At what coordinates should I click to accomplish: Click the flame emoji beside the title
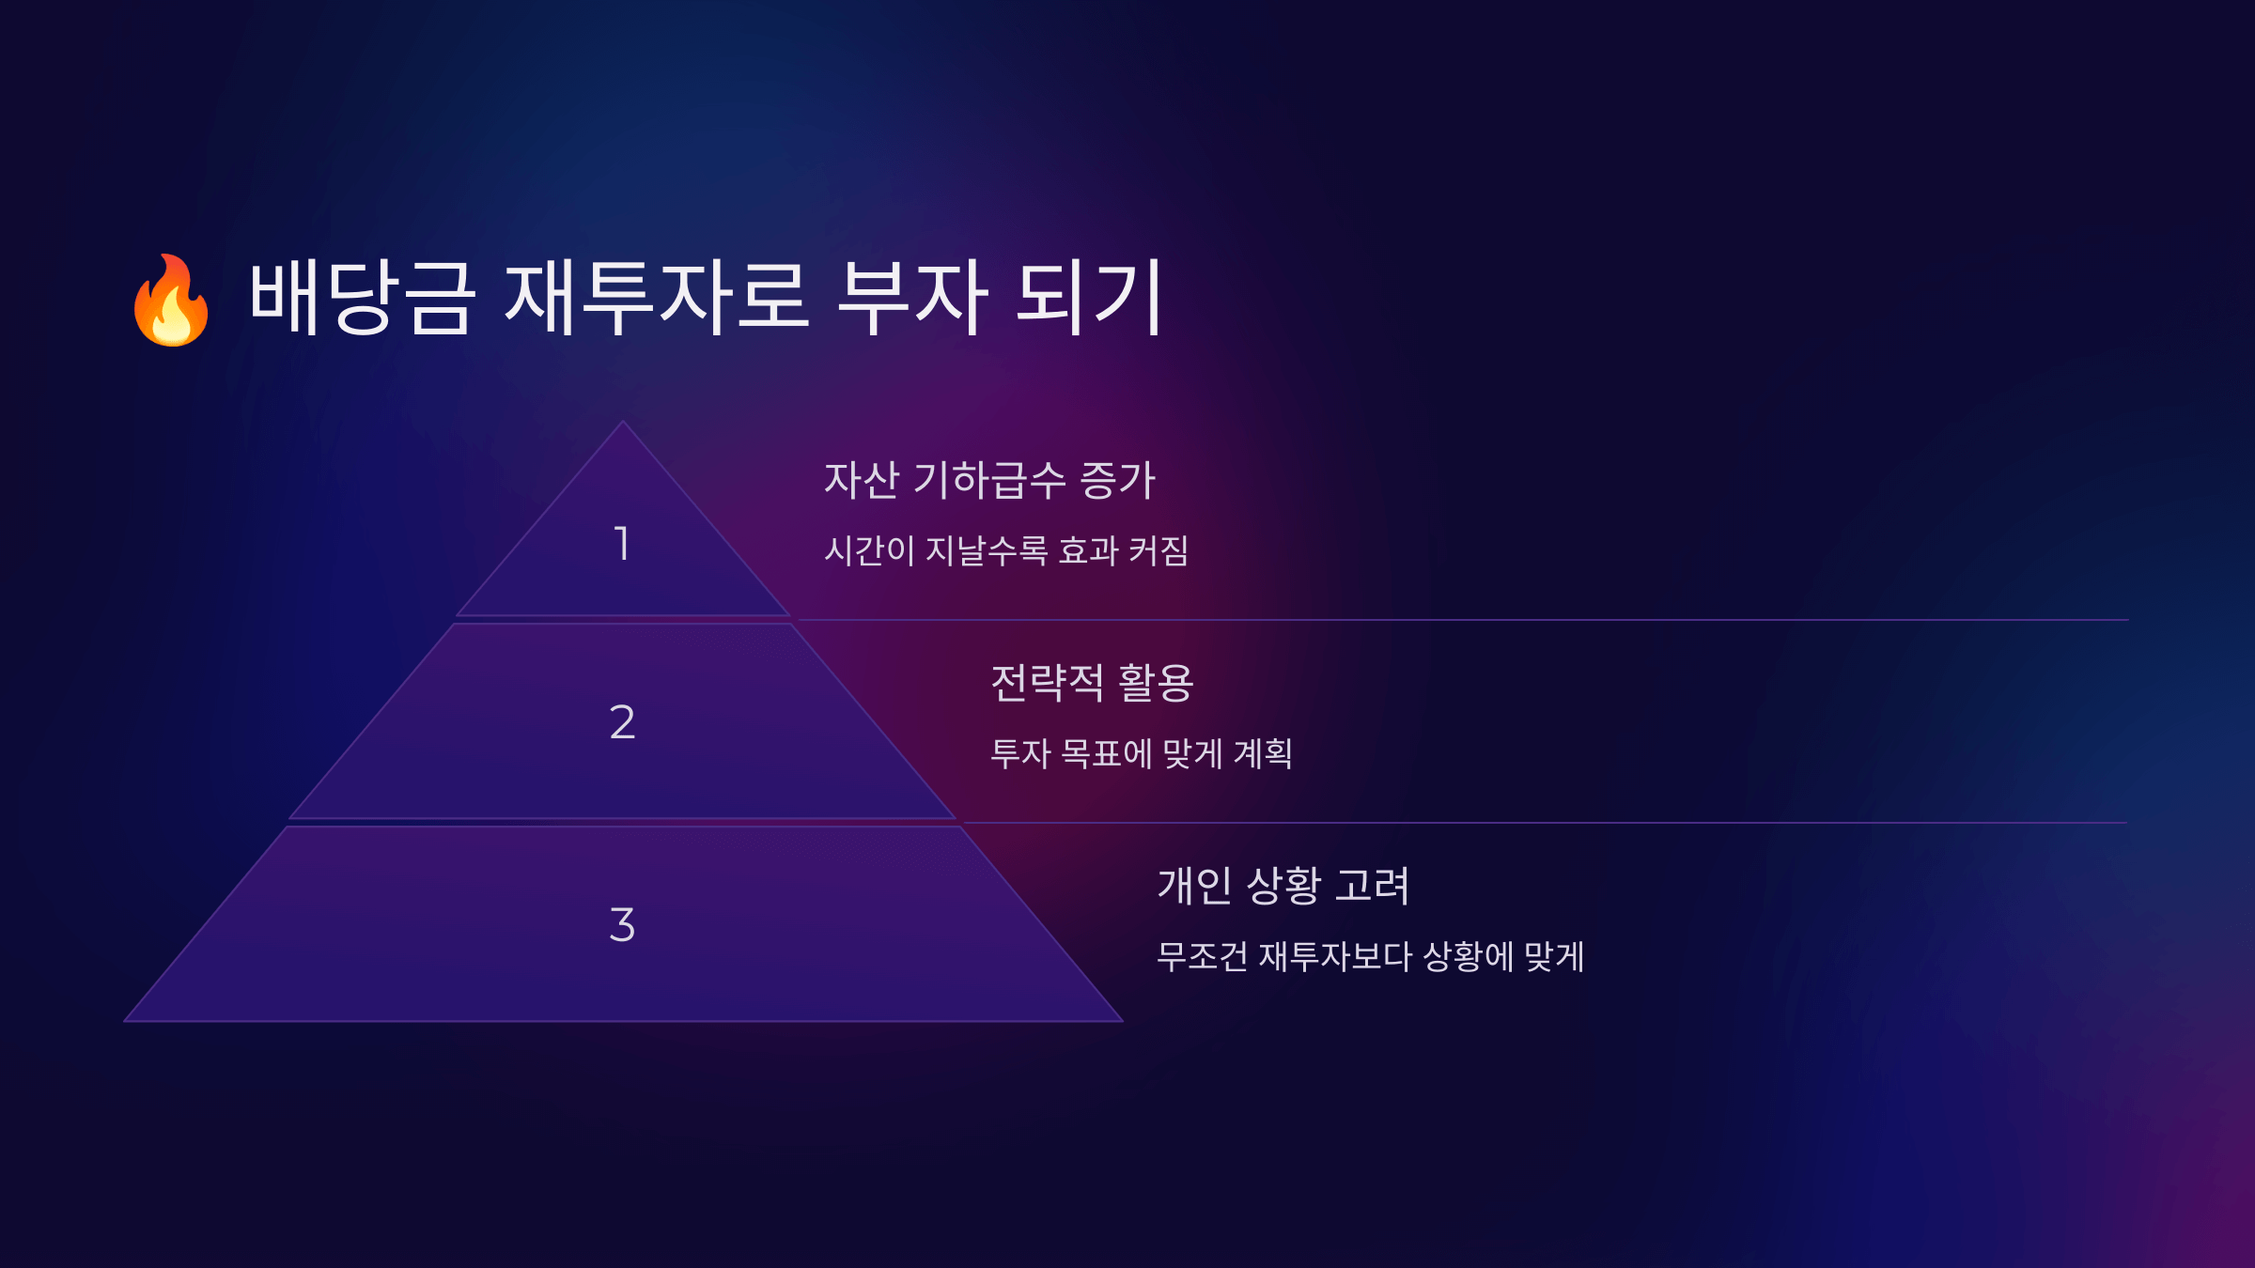[171, 301]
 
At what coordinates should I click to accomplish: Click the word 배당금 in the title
[362, 298]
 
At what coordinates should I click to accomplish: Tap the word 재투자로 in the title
[656, 298]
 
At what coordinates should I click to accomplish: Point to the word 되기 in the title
[1091, 298]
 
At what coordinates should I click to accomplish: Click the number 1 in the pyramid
[622, 544]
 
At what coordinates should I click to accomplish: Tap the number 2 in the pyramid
[622, 722]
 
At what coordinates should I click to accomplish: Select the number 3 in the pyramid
[622, 925]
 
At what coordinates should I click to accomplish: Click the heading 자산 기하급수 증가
[989, 480]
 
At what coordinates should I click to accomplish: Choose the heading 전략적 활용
[1092, 683]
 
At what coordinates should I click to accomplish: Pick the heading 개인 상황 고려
[1283, 886]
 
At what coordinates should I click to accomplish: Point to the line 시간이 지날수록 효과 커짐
[1006, 550]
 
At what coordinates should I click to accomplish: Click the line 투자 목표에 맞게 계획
[1142, 753]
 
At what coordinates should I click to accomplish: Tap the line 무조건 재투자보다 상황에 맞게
[1371, 956]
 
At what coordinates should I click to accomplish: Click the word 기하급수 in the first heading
[989, 480]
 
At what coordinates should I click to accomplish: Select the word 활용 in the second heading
[1156, 683]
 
